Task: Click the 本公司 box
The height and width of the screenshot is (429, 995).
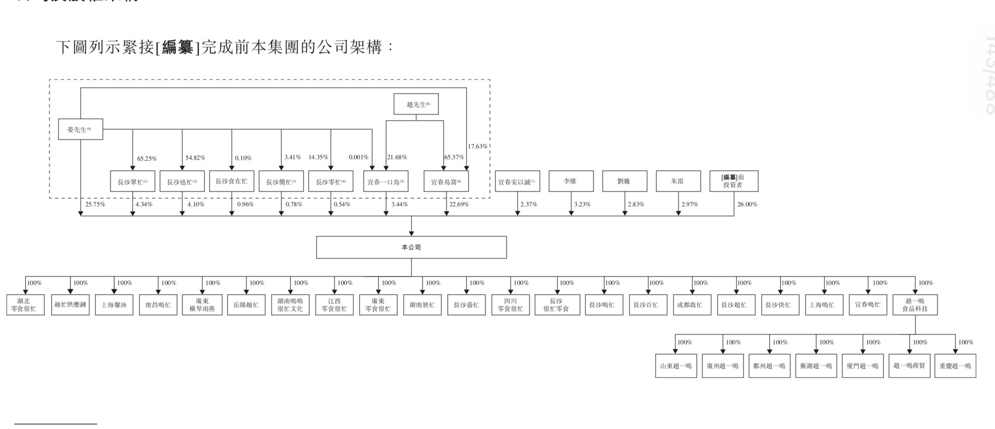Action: pyautogui.click(x=411, y=247)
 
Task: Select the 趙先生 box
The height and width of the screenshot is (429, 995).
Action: pyautogui.click(x=416, y=104)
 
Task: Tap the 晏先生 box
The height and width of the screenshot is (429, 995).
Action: pyautogui.click(x=81, y=129)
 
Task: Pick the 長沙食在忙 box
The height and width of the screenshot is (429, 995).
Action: pyautogui.click(x=231, y=181)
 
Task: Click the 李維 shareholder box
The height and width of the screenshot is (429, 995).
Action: pyautogui.click(x=571, y=181)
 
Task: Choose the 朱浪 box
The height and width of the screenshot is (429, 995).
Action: pyautogui.click(x=678, y=181)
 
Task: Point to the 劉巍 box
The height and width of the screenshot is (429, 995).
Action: pyautogui.click(x=624, y=181)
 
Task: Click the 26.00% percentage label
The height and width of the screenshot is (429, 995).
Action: pyautogui.click(x=747, y=204)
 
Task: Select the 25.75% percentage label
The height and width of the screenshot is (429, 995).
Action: pyautogui.click(x=95, y=204)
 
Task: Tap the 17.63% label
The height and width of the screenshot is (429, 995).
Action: pyautogui.click(x=477, y=146)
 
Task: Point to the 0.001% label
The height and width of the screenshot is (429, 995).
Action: pyautogui.click(x=359, y=157)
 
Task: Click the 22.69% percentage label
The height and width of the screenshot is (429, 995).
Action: pyautogui.click(x=459, y=204)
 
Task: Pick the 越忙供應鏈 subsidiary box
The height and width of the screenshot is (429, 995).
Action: pyautogui.click(x=70, y=304)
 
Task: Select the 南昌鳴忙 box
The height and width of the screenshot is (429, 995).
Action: pyautogui.click(x=158, y=305)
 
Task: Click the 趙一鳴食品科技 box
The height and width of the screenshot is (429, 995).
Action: pyautogui.click(x=915, y=304)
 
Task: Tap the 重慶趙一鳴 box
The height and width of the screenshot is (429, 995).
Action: pyautogui.click(x=955, y=366)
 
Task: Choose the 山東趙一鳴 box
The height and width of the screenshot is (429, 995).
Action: pyautogui.click(x=676, y=366)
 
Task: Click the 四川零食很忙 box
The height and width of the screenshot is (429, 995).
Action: pyautogui.click(x=510, y=304)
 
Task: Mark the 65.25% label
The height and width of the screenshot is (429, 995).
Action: pyautogui.click(x=147, y=159)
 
